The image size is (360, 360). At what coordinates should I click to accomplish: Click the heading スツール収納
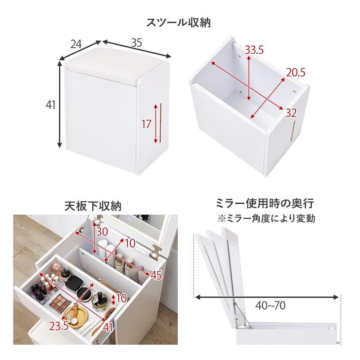[x=179, y=22]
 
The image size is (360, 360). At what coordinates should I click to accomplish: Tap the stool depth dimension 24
[x=76, y=44]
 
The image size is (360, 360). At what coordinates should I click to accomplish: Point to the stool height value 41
[x=50, y=105]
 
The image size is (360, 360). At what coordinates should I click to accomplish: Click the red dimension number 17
[x=146, y=124]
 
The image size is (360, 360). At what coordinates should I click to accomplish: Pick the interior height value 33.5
[x=254, y=50]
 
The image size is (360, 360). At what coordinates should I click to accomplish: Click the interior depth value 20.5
[x=296, y=72]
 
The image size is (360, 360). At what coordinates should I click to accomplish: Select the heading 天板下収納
[x=93, y=206]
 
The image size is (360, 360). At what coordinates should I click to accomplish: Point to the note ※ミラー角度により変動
[x=266, y=219]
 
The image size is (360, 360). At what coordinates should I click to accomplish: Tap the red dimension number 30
[x=103, y=231]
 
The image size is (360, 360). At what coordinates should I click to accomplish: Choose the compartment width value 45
[x=156, y=275]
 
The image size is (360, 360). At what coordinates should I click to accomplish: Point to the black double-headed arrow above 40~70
[x=267, y=297]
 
